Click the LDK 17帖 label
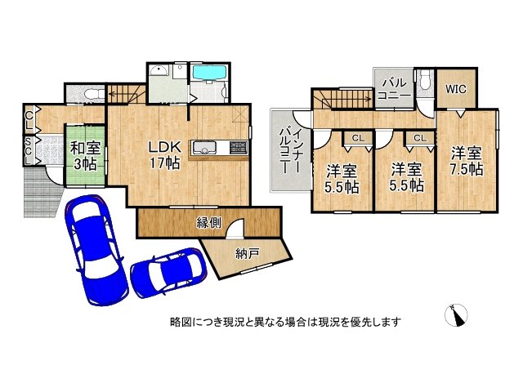[x=163, y=154]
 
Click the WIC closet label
[x=456, y=90]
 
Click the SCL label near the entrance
[x=28, y=151]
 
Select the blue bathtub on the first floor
[x=210, y=73]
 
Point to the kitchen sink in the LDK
[x=204, y=147]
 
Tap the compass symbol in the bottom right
[x=458, y=315]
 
